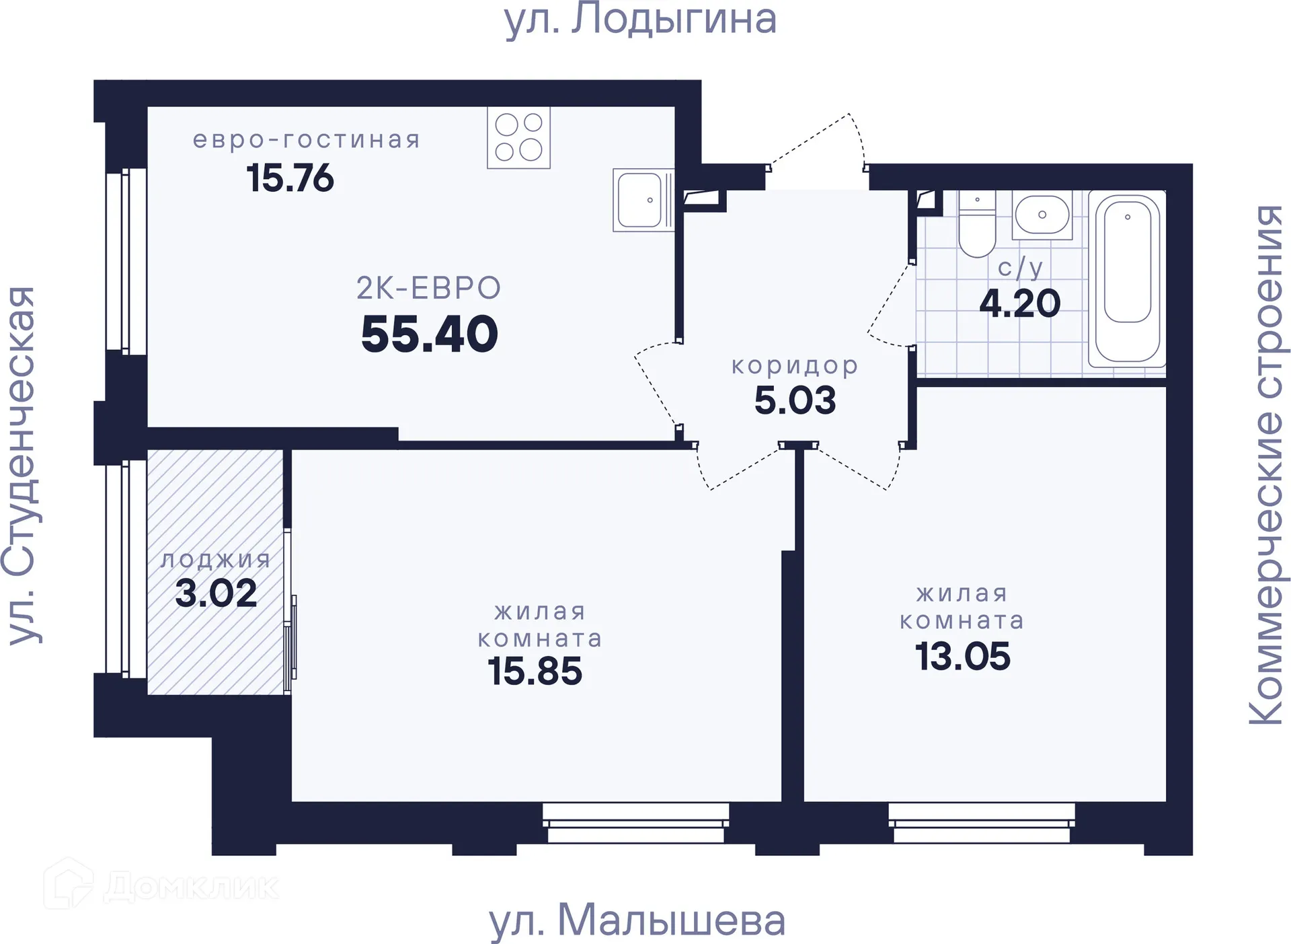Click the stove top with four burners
click(x=518, y=137)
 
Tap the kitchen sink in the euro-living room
click(x=642, y=200)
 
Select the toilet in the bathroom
click(x=976, y=225)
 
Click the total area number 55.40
click(x=429, y=334)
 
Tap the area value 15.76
click(x=290, y=178)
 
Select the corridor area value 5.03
click(x=795, y=400)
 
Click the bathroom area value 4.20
click(x=1019, y=303)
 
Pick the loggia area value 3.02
click(x=216, y=593)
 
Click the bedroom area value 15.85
click(x=535, y=671)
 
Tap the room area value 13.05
click(x=962, y=656)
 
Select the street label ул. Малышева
click(x=637, y=920)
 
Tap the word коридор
click(x=795, y=366)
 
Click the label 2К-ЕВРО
click(x=429, y=288)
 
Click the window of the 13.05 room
click(x=981, y=823)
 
